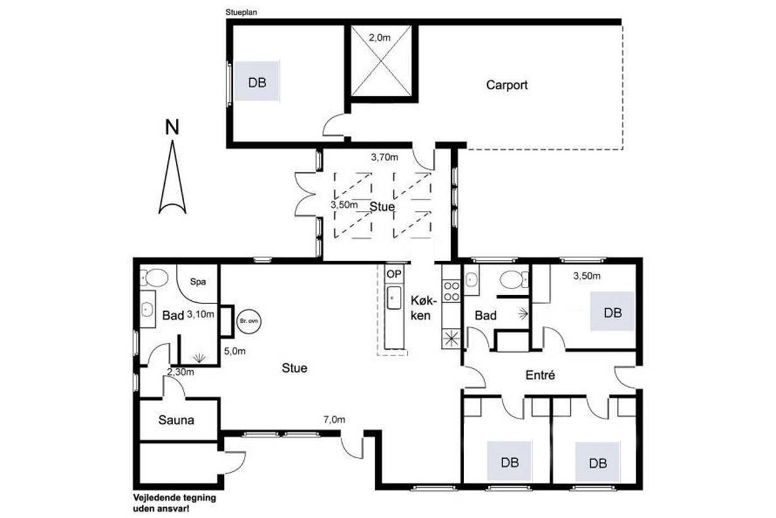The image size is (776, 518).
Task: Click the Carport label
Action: tap(507, 85)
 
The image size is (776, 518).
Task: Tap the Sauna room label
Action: tap(176, 420)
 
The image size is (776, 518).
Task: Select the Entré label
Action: tap(540, 375)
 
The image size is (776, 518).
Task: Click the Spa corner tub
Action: tap(198, 283)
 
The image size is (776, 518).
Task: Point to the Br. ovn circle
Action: tap(249, 322)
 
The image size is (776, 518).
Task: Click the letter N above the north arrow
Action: tap(172, 127)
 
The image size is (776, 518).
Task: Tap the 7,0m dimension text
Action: tap(335, 420)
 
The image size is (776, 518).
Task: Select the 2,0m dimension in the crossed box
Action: tap(380, 37)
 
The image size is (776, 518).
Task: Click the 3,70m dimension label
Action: tap(384, 157)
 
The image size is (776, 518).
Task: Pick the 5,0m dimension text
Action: tap(235, 351)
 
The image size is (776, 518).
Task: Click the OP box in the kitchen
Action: tap(394, 274)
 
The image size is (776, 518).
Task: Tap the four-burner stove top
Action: tap(452, 291)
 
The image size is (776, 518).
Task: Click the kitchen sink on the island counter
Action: tap(394, 298)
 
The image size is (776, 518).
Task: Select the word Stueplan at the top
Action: tap(241, 13)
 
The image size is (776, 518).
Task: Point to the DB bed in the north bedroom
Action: tap(257, 81)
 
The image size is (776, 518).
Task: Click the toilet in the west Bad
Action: tap(154, 278)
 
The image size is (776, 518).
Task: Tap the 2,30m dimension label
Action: tap(180, 372)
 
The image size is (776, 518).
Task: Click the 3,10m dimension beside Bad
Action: tap(201, 315)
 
